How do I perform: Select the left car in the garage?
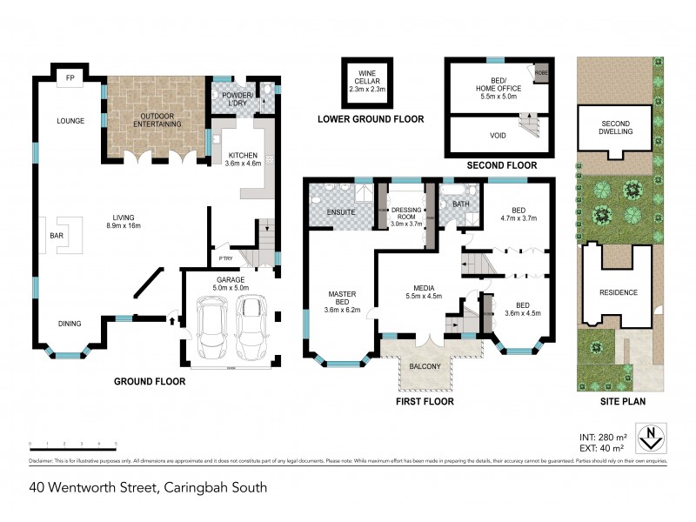211,327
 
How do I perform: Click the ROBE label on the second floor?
540,74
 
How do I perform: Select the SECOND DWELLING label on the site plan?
616,128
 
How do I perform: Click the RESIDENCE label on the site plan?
619,292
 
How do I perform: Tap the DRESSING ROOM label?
406,215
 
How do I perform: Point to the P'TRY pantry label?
224,258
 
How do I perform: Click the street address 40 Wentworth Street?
148,488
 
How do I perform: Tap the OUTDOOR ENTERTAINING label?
157,119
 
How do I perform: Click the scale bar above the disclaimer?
72,446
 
